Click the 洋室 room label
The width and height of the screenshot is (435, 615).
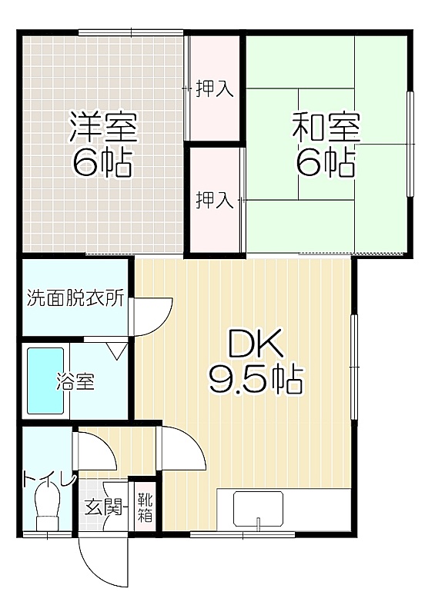pos(103,127)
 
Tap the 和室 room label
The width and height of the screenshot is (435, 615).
pos(326,127)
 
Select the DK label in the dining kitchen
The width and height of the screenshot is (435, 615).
pos(256,344)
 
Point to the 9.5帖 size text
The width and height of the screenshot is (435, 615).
pos(256,380)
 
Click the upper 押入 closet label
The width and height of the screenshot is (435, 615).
pos(215,88)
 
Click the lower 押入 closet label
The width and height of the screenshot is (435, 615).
pos(215,200)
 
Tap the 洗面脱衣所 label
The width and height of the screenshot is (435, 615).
pos(75,298)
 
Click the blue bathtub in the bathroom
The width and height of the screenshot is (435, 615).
pos(45,381)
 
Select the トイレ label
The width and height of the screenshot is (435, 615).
pos(49,479)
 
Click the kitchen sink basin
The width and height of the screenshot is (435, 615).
pos(258,508)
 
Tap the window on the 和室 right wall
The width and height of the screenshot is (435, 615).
pos(410,144)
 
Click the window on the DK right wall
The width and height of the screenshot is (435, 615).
pos(354,367)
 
